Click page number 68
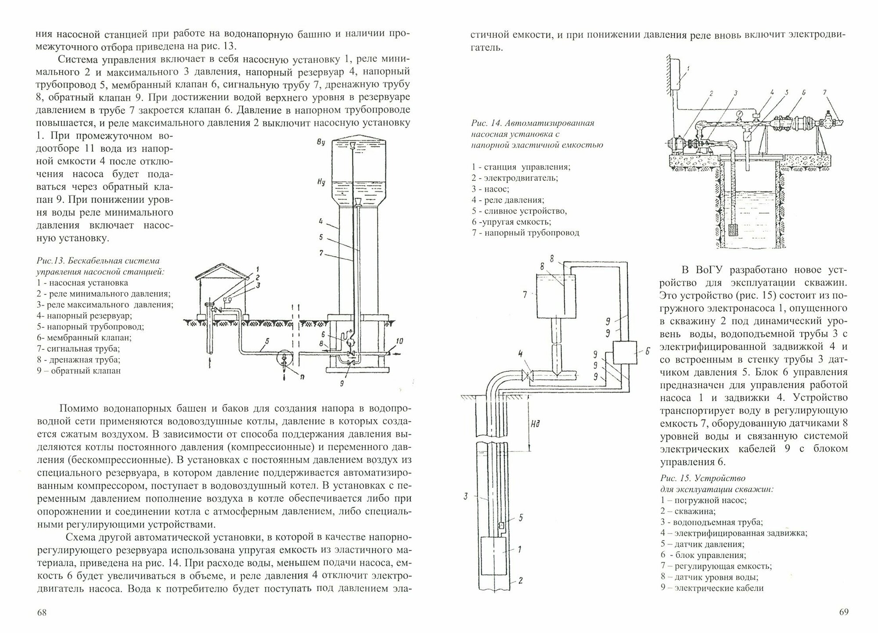[x=42, y=612]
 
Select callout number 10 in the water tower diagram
[x=400, y=341]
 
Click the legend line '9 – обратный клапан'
[x=79, y=370]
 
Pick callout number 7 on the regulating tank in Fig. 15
[x=525, y=295]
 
